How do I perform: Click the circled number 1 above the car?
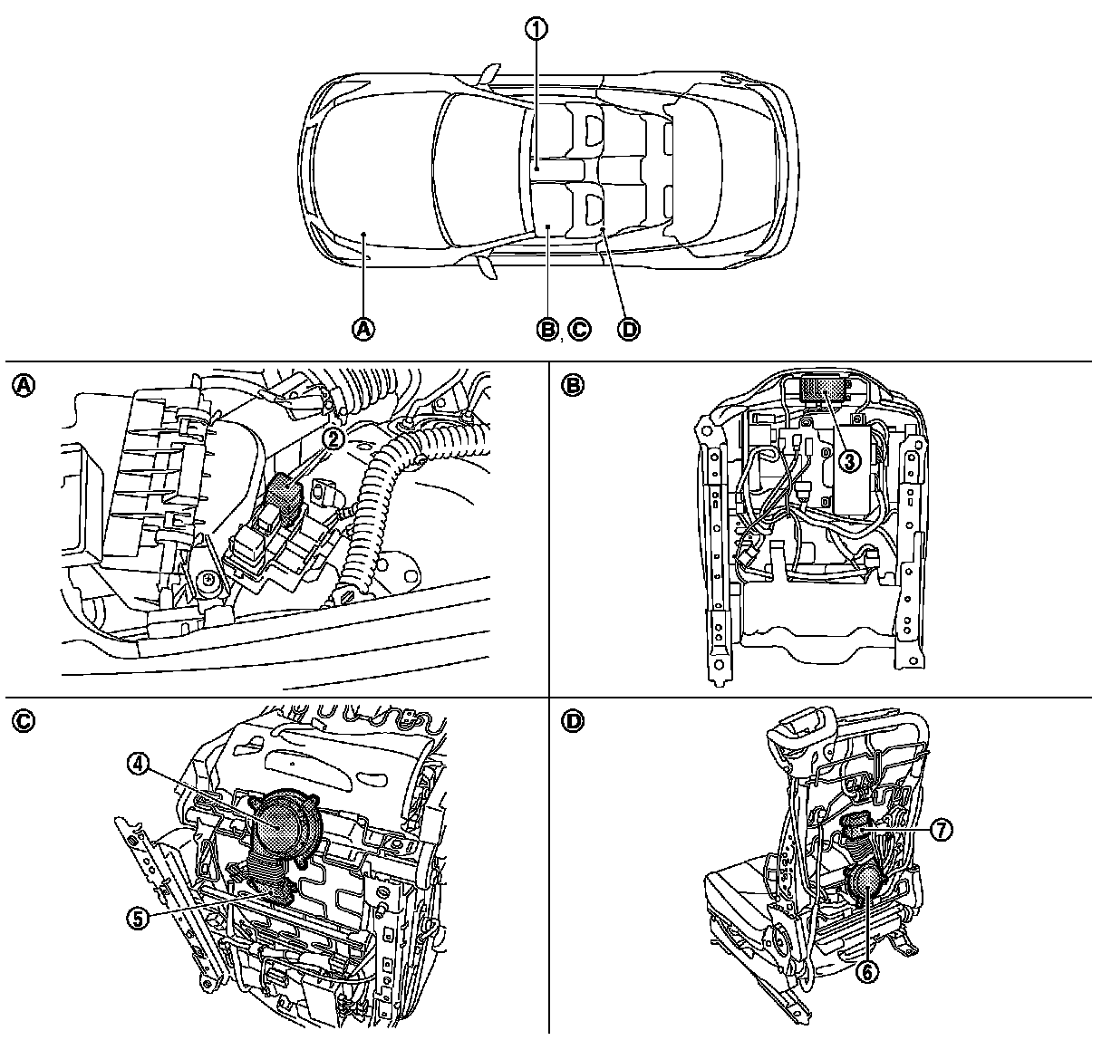point(537,29)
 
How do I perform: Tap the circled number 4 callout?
point(138,765)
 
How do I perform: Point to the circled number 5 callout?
point(138,918)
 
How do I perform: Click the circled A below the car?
point(364,329)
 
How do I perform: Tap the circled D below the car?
point(627,329)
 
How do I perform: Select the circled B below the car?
point(547,329)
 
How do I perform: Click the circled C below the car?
point(577,329)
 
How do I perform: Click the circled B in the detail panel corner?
point(573,385)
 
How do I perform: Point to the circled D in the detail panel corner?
point(573,721)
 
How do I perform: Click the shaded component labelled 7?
point(857,829)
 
